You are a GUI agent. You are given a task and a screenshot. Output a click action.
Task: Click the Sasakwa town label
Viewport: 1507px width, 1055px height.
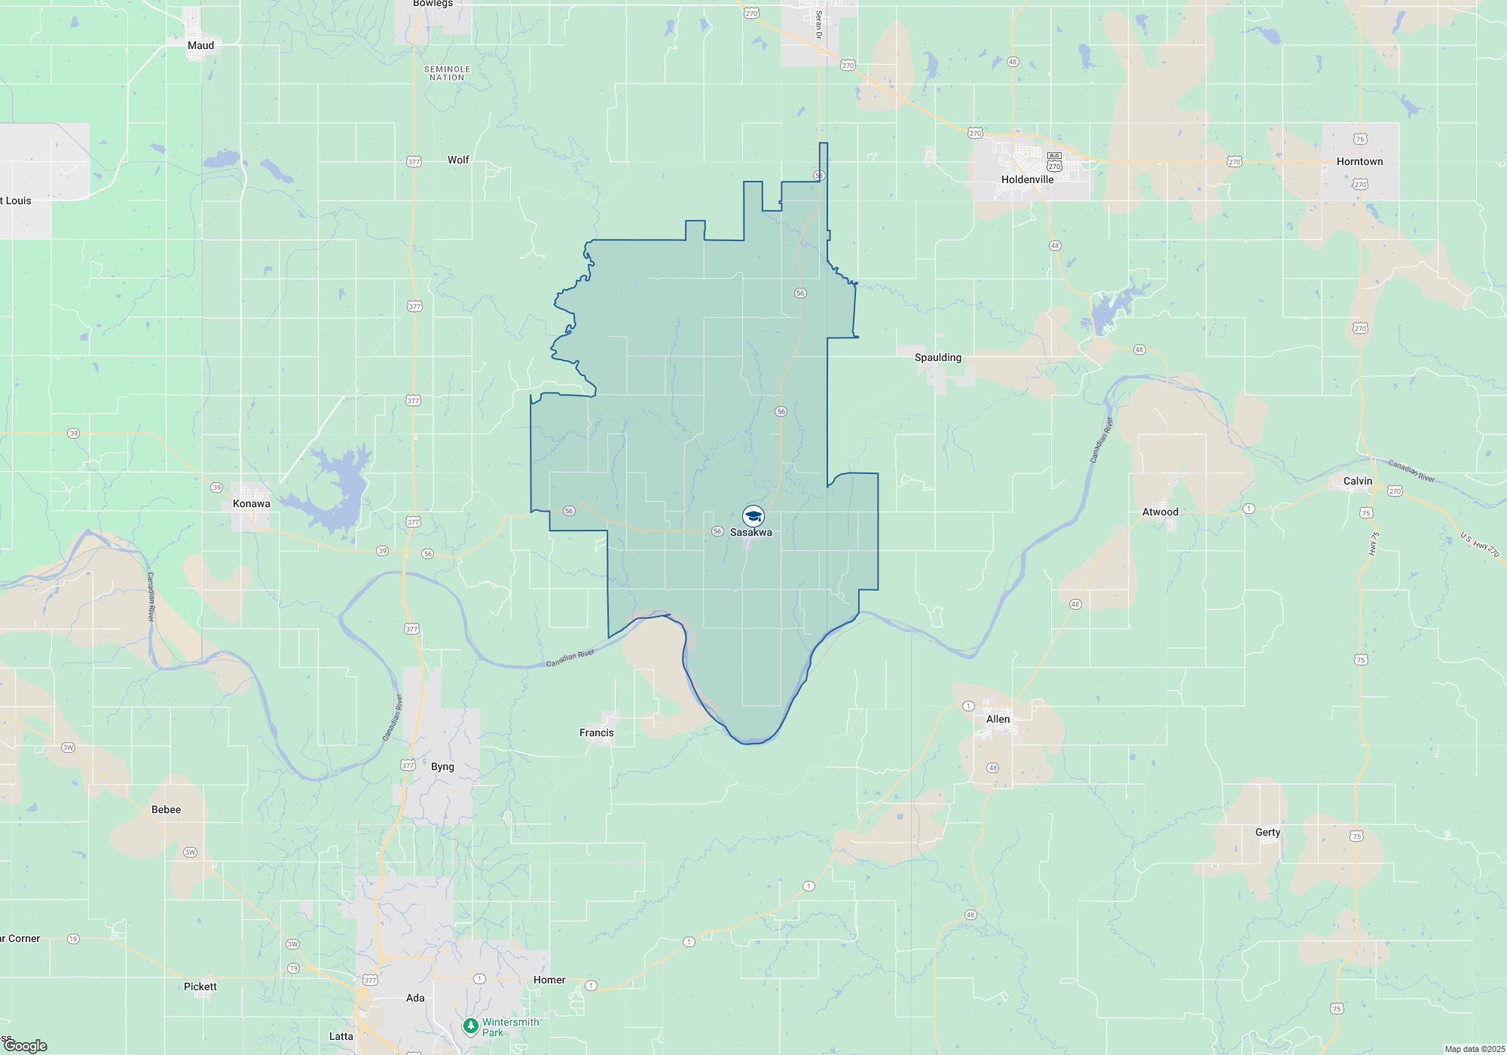coord(750,532)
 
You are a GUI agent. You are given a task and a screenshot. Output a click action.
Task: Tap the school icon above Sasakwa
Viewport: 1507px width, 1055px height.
coord(753,516)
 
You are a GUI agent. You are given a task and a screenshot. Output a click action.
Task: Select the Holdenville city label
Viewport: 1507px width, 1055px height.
coord(1027,179)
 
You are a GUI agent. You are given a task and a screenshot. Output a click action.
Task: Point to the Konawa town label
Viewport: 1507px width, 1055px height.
coord(251,503)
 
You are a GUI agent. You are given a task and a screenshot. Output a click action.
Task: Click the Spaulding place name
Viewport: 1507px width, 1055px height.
coord(937,357)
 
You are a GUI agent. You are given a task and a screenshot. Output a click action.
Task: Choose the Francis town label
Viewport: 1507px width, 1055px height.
coord(596,732)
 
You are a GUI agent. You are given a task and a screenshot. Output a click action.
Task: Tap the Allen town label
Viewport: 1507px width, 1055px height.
coord(998,719)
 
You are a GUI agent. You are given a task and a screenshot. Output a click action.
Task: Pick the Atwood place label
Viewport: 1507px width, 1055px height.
coord(1160,512)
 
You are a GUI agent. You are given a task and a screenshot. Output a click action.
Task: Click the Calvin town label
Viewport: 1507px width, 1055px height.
coord(1357,481)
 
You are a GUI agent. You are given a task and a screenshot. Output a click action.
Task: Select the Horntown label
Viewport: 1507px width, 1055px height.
coord(1359,161)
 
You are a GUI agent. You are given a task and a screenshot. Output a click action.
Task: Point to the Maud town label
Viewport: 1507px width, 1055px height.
coord(200,45)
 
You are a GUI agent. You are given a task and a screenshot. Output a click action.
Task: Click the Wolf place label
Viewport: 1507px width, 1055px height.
coord(458,160)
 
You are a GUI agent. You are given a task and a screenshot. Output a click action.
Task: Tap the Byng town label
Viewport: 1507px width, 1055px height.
coord(442,766)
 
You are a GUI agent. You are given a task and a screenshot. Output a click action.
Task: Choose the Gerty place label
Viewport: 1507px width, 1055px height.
coord(1267,832)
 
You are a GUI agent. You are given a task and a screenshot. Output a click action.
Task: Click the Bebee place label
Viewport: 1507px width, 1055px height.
coord(166,809)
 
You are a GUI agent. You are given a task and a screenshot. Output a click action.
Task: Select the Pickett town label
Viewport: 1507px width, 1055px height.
coord(200,986)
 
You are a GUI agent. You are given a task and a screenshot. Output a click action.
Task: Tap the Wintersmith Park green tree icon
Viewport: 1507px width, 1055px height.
coord(470,1026)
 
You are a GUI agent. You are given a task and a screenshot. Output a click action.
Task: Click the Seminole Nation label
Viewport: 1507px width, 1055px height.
coord(447,73)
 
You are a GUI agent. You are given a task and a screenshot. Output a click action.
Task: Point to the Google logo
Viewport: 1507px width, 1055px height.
coord(26,1046)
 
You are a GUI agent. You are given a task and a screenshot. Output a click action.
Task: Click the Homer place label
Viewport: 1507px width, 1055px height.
coord(549,980)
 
